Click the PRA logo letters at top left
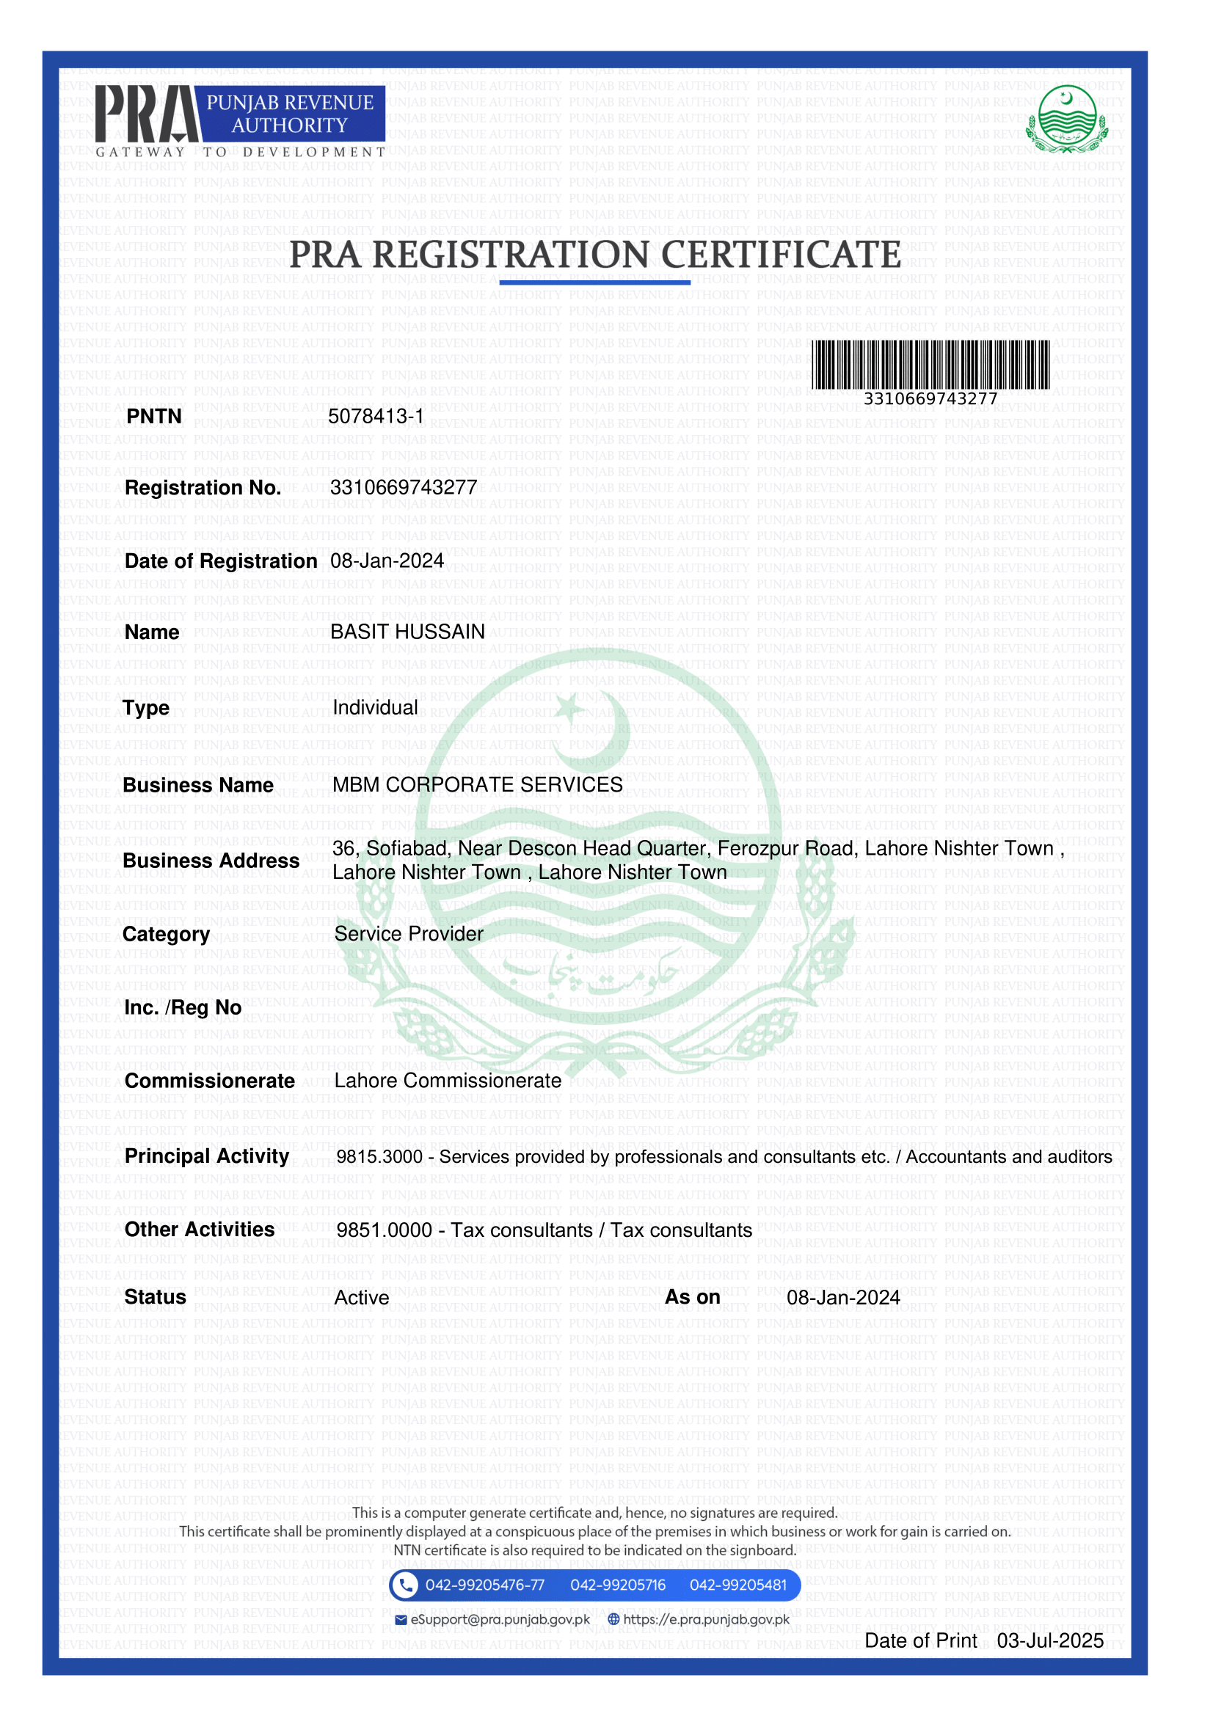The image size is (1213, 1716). [147, 114]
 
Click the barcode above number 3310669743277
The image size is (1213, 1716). [930, 364]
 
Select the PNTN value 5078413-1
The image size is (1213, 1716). [376, 416]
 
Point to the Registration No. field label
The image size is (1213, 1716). [203, 488]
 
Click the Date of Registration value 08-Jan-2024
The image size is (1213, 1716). [387, 561]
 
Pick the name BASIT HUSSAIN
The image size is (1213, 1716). [407, 632]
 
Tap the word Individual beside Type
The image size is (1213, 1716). [375, 708]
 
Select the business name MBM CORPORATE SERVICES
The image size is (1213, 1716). [478, 785]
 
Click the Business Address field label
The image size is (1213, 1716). [211, 861]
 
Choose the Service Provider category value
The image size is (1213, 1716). [409, 934]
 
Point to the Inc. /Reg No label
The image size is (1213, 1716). [183, 1008]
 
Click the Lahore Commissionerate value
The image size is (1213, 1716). [448, 1081]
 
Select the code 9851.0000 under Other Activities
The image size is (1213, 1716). [385, 1230]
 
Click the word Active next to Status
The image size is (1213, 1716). [362, 1298]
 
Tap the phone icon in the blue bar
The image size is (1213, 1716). [405, 1585]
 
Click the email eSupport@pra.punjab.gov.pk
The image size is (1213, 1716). [500, 1619]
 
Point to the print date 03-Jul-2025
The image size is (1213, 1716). [1050, 1640]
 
